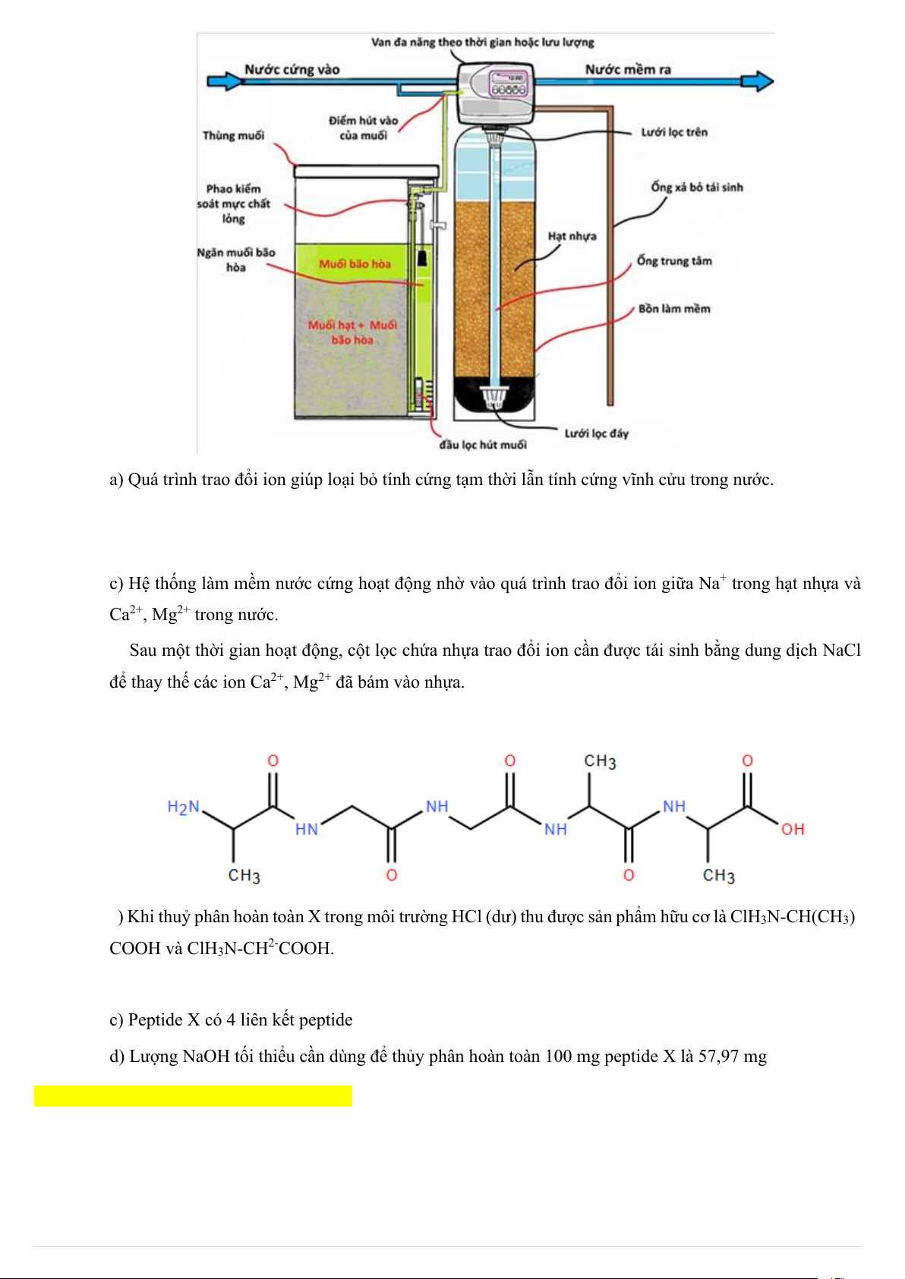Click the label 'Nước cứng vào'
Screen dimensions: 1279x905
(292, 70)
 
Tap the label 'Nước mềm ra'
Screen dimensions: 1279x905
(628, 70)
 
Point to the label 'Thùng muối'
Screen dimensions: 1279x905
(233, 136)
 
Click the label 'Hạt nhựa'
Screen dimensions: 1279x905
(572, 236)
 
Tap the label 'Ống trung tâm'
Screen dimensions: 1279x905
(674, 261)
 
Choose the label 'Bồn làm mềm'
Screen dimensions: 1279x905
(674, 309)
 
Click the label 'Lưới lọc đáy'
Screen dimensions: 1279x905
(596, 433)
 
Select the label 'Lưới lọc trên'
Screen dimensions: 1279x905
(674, 132)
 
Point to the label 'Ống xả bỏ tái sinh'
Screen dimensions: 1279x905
(696, 187)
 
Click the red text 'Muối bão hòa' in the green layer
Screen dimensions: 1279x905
(355, 264)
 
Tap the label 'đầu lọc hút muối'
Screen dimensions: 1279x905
(483, 445)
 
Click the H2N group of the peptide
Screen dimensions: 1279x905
(183, 807)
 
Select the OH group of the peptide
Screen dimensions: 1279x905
(792, 829)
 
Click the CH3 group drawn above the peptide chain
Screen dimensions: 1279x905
(600, 761)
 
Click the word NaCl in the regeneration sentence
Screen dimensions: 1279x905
(841, 651)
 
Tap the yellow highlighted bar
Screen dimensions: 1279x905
(193, 1095)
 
